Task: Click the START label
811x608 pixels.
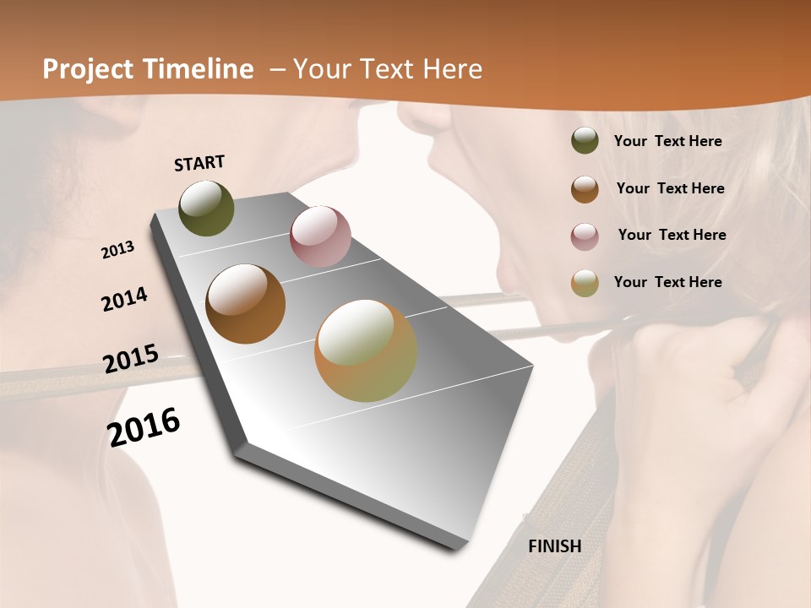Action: (199, 163)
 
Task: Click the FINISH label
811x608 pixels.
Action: (555, 546)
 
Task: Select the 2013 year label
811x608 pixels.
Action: (118, 250)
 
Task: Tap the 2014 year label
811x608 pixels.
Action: (125, 299)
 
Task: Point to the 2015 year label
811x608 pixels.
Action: (131, 358)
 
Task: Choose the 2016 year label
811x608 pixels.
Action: (144, 427)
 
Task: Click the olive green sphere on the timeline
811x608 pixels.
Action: (207, 208)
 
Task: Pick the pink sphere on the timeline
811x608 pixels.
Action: (320, 236)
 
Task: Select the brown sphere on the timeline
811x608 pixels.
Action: (245, 304)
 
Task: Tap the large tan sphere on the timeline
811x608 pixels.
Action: (366, 350)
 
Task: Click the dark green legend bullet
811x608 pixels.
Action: (585, 141)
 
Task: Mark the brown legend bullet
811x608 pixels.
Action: (585, 189)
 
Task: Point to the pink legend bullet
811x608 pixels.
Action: (585, 236)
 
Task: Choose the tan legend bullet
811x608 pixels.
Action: (585, 283)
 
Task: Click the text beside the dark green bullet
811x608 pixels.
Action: (667, 142)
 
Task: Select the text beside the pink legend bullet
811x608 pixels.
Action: (672, 235)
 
